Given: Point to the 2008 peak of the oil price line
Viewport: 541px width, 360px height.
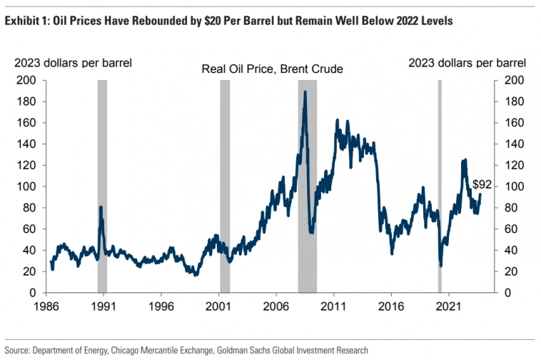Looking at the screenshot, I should click(305, 91).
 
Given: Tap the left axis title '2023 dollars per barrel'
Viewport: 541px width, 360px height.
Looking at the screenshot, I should click(73, 63).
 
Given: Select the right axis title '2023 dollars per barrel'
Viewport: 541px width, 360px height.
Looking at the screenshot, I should click(467, 63).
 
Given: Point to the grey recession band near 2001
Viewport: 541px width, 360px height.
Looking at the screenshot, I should click(225, 186).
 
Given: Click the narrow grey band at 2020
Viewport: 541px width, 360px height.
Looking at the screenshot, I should click(440, 186).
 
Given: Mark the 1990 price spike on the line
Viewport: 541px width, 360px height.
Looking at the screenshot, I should click(101, 207).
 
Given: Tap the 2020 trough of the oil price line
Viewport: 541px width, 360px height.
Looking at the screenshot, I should click(440, 266).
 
